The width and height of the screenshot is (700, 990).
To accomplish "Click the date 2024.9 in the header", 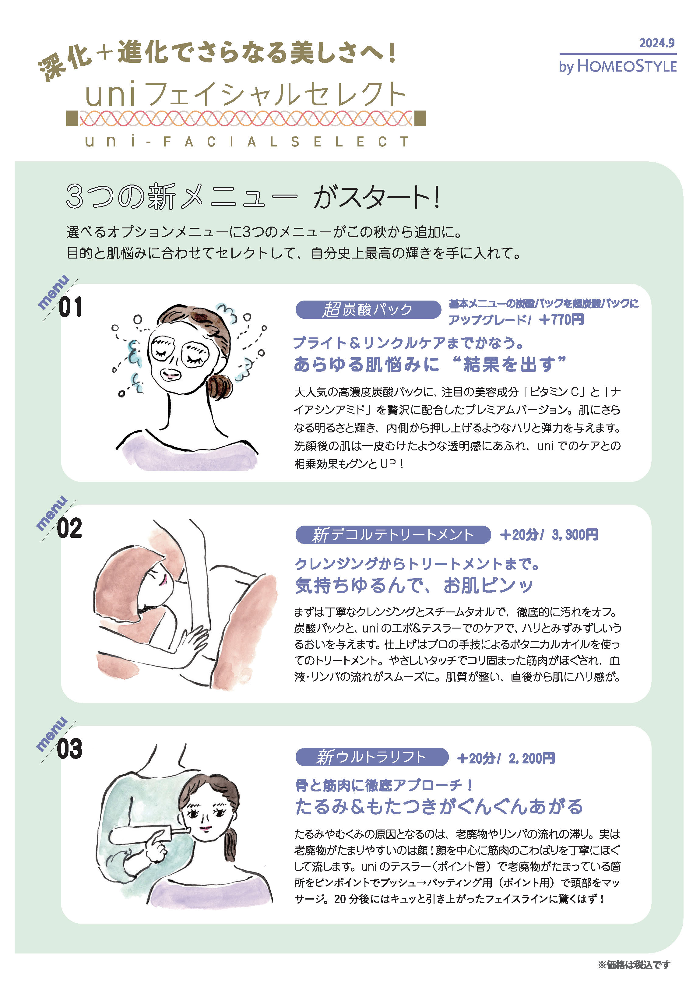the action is pos(656,43).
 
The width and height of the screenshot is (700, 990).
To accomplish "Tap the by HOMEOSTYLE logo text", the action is pos(618,66).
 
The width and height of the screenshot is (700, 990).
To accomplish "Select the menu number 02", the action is pos(69,528).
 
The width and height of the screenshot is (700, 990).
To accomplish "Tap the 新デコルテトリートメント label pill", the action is pos(393,535).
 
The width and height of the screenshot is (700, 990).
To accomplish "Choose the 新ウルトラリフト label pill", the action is pos(372,757).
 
